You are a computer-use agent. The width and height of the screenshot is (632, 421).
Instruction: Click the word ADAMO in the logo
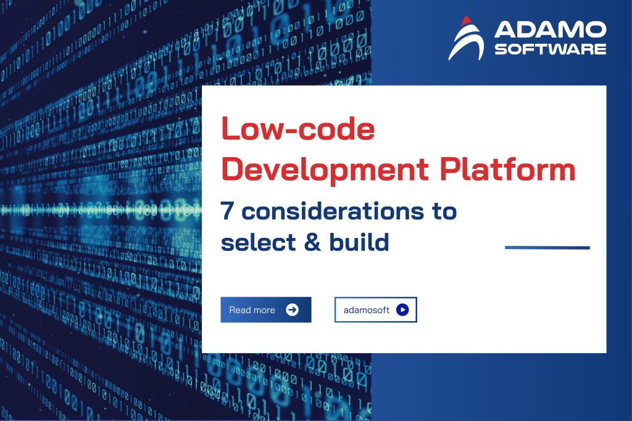551,30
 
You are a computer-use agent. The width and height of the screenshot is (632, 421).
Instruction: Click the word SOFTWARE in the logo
551,48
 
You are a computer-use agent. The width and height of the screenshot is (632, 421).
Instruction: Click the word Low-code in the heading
298,130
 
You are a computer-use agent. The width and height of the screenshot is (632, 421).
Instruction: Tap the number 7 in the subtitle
228,211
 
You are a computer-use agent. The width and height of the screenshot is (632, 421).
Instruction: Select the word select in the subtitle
253,242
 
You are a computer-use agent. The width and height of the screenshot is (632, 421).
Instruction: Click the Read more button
265,309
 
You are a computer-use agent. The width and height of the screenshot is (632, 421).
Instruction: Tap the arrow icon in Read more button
293,309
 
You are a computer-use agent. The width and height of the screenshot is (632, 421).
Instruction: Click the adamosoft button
375,309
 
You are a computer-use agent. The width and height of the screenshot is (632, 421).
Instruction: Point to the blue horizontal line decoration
547,248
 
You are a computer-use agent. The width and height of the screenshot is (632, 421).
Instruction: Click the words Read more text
252,309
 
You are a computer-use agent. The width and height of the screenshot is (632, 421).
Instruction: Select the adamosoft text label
367,309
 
